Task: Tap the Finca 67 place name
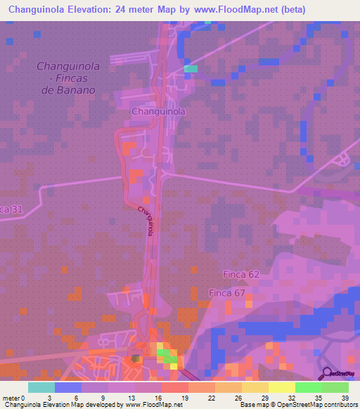pyautogui.click(x=227, y=292)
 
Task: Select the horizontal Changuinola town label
pyautogui.click(x=158, y=112)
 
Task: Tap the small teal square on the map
pyautogui.click(x=191, y=69)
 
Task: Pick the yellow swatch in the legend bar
pyautogui.click(x=281, y=387)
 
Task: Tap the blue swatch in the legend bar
pyautogui.click(x=68, y=387)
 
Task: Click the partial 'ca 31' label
pyautogui.click(x=12, y=209)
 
